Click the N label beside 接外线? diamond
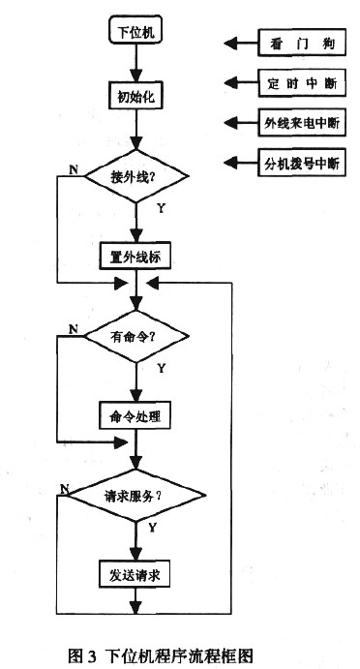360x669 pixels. tap(74, 170)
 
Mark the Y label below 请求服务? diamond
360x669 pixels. tap(152, 527)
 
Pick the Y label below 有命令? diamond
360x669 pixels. tap(160, 368)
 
